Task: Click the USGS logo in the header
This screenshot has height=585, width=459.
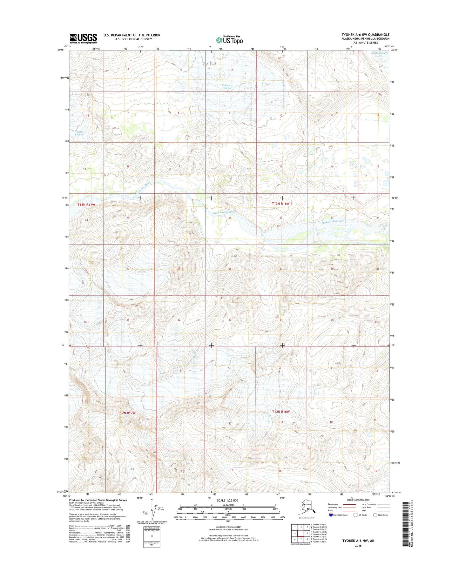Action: pos(83,38)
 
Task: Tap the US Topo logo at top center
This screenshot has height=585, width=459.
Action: pos(229,40)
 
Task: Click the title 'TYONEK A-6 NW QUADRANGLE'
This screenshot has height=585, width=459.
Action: pos(365,35)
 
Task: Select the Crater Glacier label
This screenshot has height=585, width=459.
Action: pos(79,133)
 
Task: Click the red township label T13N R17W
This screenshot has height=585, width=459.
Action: pos(86,205)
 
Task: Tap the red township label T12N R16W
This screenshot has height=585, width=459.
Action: pos(281,412)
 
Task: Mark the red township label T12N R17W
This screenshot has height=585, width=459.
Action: pos(127,413)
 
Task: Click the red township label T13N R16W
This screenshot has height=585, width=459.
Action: pos(281,203)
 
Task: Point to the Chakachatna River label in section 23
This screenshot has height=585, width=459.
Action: pos(333,221)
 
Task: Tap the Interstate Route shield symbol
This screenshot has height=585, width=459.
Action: pos(331,515)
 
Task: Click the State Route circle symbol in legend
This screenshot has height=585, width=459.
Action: pos(375,515)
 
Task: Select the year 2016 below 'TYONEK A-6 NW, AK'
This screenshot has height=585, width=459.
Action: pos(358,546)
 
